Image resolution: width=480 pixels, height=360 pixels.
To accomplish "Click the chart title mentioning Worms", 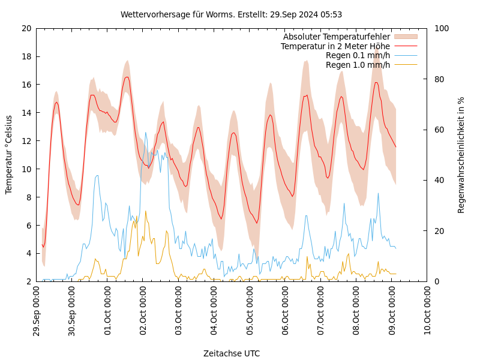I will pos(231,14).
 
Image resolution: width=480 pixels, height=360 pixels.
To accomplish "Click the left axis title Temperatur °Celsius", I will pos(8,155).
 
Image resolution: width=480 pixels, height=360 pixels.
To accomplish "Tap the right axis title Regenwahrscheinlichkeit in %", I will pos(461,155).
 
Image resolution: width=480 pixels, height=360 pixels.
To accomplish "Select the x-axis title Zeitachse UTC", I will pos(231,353).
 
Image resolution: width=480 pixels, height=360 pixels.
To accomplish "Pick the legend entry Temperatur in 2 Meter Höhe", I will pos(335,46).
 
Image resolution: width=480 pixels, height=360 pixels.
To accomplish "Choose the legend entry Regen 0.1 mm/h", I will pos(358,55).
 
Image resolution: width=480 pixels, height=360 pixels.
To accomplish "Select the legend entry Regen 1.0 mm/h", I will pos(358,64).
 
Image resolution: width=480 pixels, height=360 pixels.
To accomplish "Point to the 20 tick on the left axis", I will pos(26,28).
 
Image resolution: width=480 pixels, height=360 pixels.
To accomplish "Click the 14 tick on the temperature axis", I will pos(26,113).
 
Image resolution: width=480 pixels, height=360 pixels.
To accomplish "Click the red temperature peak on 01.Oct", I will pos(127,77).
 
